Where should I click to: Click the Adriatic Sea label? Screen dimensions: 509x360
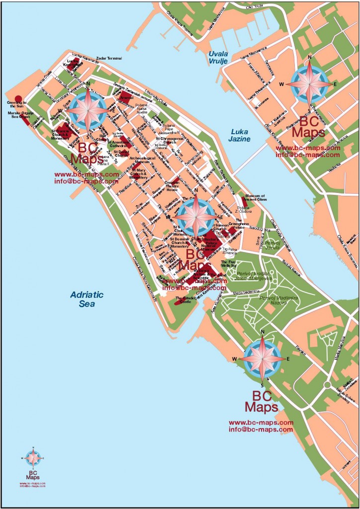point(87,299)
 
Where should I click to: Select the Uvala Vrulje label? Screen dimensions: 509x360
point(218,57)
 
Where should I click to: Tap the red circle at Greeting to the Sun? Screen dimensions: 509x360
point(18,98)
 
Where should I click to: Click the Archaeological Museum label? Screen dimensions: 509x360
point(144,160)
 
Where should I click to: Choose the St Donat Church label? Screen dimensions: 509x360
point(121,154)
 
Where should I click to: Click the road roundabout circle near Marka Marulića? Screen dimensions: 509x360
point(327,385)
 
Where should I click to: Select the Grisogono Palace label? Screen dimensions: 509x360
point(242,223)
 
